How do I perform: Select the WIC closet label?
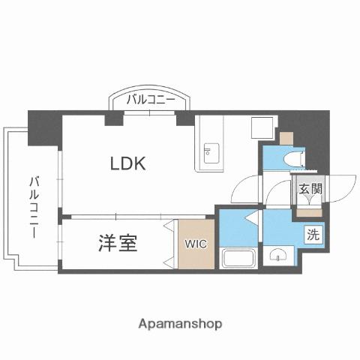(x=193, y=243)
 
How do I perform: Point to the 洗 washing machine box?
(x=313, y=234)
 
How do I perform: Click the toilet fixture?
(x=295, y=157)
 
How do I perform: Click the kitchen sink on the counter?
(x=209, y=154)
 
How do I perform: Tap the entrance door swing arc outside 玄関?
(x=341, y=187)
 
